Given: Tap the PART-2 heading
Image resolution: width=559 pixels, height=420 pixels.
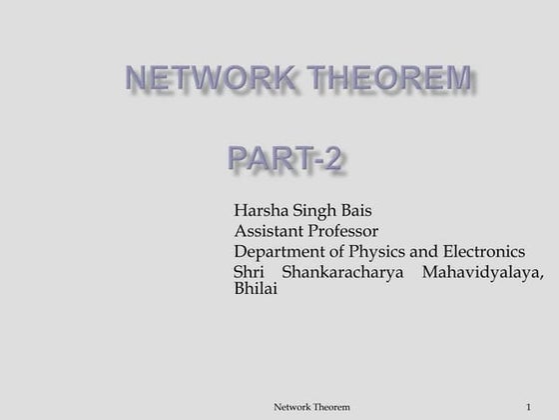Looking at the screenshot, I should (x=285, y=157).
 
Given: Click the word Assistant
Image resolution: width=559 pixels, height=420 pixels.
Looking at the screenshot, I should (x=270, y=230).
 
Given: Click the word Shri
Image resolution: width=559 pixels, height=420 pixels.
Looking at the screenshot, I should (x=248, y=271).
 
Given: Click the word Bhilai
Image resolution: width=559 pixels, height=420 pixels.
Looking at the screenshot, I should (x=255, y=288).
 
